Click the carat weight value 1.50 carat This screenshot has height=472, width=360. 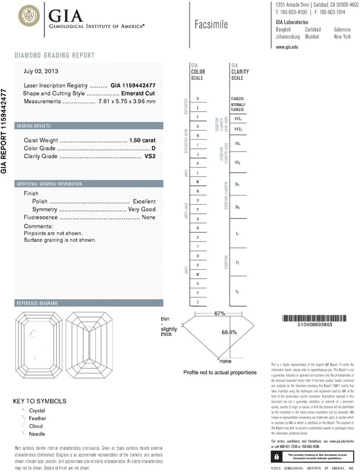tap(142, 140)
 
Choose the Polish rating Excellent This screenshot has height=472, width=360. tap(144, 202)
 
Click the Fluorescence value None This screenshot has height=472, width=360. tap(148, 218)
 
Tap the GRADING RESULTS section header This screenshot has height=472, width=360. tap(34, 125)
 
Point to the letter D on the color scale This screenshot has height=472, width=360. tap(198, 99)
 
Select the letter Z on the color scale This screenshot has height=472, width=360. tap(198, 302)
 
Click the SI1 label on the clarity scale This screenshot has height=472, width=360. tap(237, 185)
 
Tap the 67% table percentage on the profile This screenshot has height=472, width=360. tap(220, 314)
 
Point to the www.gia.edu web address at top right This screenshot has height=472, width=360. tap(287, 47)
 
